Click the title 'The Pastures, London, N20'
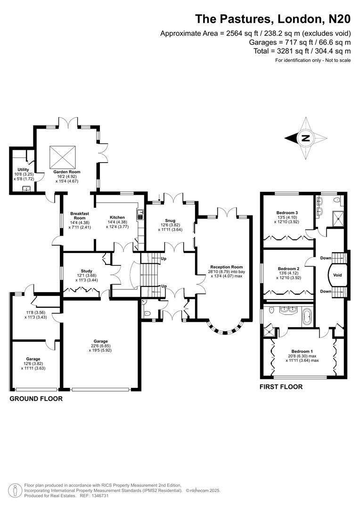[x=273, y=19]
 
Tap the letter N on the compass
[x=305, y=138]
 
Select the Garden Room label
[x=66, y=172]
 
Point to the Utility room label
[x=23, y=170]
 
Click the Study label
[x=86, y=271]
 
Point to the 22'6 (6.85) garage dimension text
[x=101, y=346]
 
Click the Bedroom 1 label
[x=302, y=351]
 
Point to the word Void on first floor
[x=337, y=275]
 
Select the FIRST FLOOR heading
[x=281, y=387]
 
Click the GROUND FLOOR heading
[x=36, y=399]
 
